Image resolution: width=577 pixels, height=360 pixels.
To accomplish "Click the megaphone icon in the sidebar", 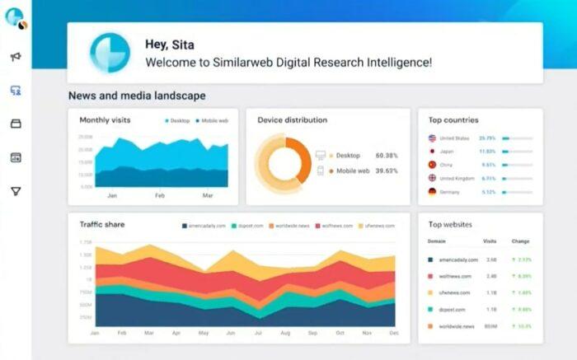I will point(15,57).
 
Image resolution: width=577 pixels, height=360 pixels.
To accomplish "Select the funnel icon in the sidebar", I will point(15,191).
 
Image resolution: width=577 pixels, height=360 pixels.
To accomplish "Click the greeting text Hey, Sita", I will point(171,44).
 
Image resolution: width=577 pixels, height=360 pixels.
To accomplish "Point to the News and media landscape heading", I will point(137,96).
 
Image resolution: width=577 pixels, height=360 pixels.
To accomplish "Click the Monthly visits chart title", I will point(106,120).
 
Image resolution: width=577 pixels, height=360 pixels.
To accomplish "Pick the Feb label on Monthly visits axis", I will point(160,195).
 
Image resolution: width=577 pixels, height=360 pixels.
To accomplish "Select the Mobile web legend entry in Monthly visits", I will point(214,121).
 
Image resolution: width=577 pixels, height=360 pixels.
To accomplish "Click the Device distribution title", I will point(292,120).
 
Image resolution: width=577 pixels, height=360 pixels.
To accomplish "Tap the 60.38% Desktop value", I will point(387,155).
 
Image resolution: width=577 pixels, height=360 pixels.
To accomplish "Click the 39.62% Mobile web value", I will point(387,171).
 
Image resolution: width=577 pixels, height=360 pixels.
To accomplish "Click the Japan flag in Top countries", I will point(432,152).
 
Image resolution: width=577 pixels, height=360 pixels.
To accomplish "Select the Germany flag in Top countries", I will point(432,191).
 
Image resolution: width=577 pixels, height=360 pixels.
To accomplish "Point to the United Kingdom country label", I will point(456,178).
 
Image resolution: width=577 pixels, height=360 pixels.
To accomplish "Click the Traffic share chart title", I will point(102,224).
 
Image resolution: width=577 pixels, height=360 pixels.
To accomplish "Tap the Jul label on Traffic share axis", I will point(258,333).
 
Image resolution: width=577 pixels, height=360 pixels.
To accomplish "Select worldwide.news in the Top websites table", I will point(456,327).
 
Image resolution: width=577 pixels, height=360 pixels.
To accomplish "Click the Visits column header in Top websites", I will point(490,242).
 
